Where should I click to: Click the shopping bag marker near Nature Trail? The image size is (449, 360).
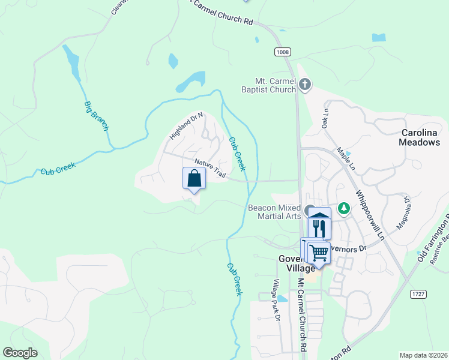pos(194,178)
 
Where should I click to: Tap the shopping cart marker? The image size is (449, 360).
pos(319,252)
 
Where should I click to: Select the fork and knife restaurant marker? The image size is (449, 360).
pos(319,228)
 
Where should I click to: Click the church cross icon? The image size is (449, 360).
pos(305,85)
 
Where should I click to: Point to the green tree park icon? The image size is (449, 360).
pos(344,208)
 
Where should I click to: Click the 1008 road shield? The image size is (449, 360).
pos(283,52)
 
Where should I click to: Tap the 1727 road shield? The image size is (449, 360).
pos(418,293)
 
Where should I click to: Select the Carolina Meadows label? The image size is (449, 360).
pos(420,137)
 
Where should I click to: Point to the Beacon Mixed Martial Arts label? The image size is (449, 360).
pos(274,212)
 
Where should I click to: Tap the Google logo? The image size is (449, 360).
pos(20,353)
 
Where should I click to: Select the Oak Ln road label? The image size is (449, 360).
pos(325,118)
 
